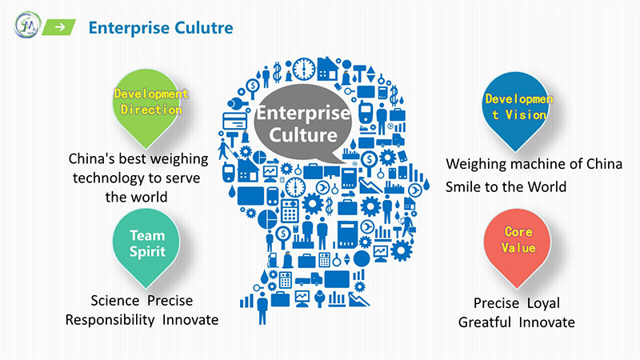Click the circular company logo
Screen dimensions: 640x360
click(28, 25)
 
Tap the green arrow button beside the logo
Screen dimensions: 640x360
click(58, 27)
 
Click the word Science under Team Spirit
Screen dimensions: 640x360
click(114, 301)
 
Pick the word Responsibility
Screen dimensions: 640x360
click(110, 320)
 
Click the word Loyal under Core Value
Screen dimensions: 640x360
click(543, 303)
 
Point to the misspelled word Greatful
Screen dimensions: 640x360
click(485, 322)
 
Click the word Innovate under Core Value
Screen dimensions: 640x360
click(547, 322)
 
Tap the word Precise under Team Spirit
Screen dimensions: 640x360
click(170, 301)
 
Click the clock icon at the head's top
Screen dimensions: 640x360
click(304, 69)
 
